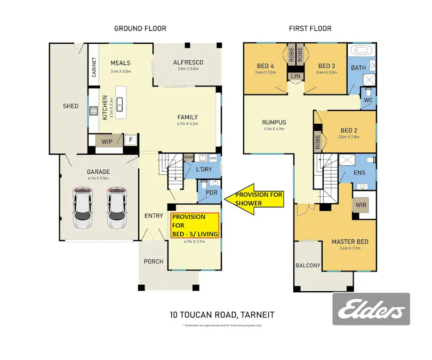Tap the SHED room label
click(70, 106)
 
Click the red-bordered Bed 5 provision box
click(195, 225)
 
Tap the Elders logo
click(371, 309)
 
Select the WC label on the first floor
click(368, 100)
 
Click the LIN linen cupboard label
click(295, 76)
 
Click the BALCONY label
click(308, 265)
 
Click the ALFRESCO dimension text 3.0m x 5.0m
click(188, 69)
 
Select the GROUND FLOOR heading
click(140, 29)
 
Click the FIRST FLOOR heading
click(310, 29)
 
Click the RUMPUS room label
click(275, 122)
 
